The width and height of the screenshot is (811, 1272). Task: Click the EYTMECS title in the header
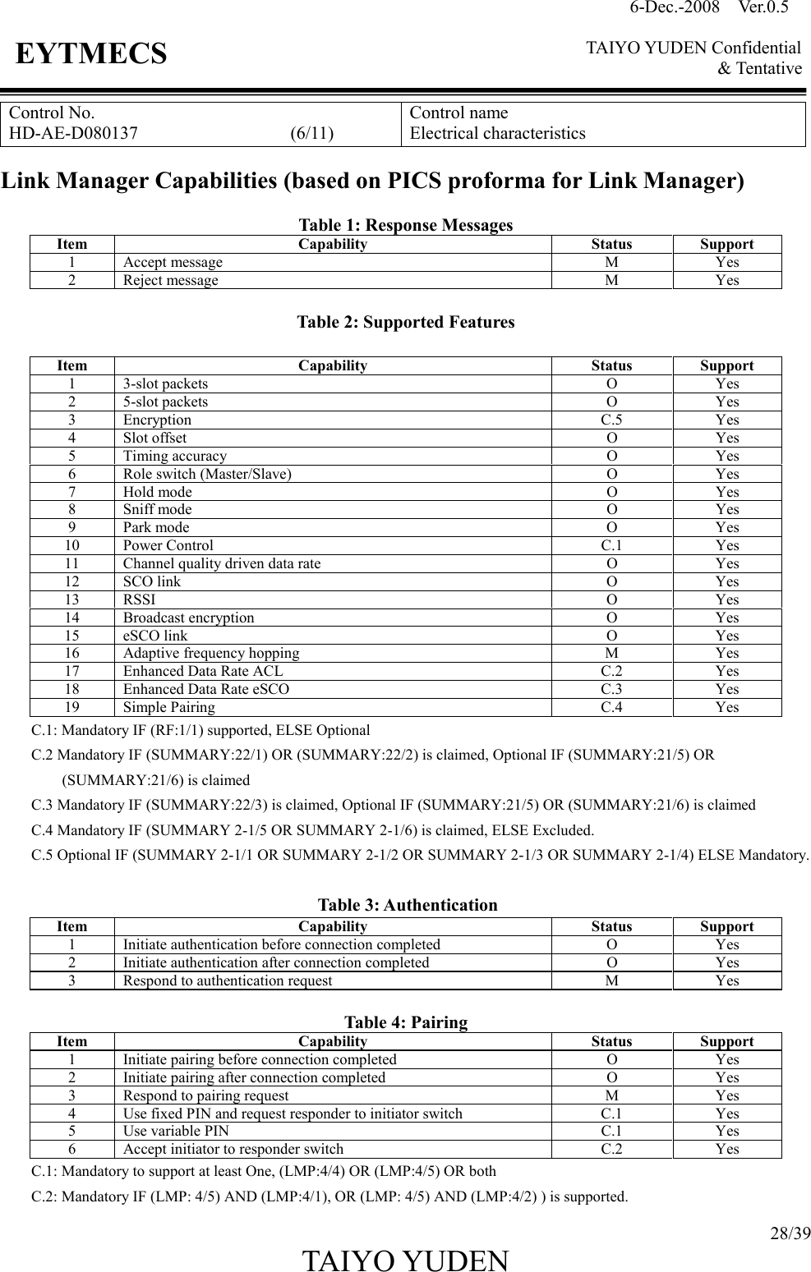pos(91,55)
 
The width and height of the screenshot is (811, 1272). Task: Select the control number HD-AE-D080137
pos(73,133)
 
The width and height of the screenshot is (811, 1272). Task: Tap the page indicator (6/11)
pos(312,133)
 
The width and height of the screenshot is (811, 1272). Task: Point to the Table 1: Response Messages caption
pos(405,225)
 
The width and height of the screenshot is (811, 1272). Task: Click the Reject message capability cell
pos(171,280)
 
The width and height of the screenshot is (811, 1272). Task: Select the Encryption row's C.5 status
pos(611,420)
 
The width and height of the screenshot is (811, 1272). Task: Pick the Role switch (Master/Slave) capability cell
pos(207,474)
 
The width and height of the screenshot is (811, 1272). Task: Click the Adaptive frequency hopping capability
pos(211,653)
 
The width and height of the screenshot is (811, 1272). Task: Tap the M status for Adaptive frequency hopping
pos(611,653)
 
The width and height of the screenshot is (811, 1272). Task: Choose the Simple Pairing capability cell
pos(169,707)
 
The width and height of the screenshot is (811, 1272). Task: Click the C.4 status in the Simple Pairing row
pos(611,707)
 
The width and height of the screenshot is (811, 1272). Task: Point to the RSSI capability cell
pos(139,599)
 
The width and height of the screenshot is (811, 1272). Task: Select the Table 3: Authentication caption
pos(407,905)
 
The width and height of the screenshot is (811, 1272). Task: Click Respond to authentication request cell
pos(228,980)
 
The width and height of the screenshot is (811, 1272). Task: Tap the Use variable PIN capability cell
pos(177,1131)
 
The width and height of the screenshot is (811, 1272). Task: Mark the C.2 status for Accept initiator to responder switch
pos(611,1149)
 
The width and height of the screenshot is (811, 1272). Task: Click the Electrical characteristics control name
pos(498,133)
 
